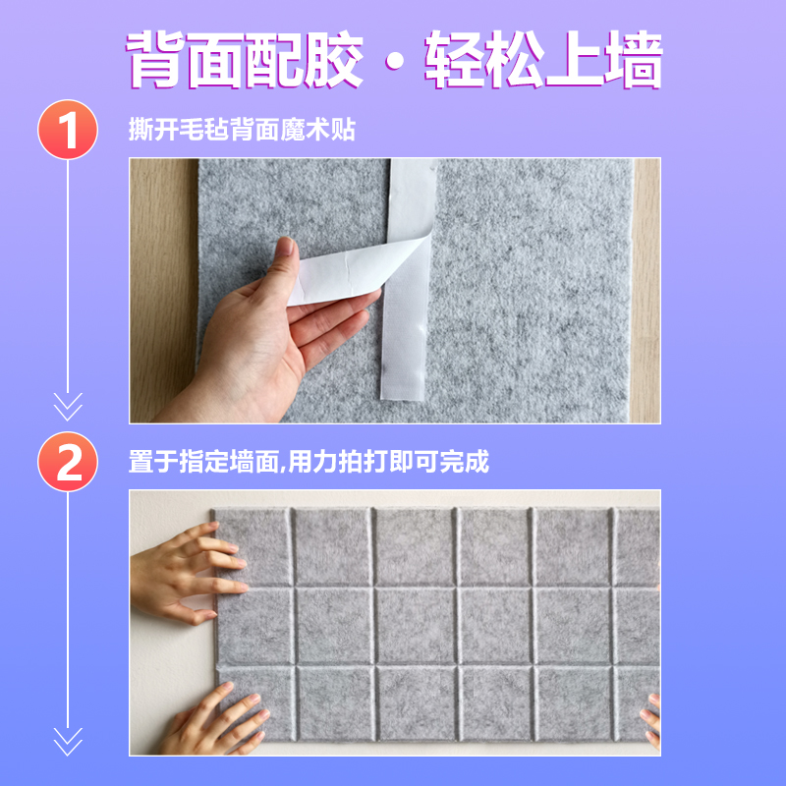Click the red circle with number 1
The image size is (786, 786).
click(68, 131)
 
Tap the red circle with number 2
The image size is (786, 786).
click(68, 463)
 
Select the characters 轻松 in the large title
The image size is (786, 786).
click(483, 61)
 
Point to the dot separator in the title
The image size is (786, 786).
click(393, 63)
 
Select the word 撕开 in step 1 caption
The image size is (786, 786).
click(151, 131)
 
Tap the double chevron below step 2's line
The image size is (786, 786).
click(68, 739)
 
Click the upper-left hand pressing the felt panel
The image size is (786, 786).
click(187, 575)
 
